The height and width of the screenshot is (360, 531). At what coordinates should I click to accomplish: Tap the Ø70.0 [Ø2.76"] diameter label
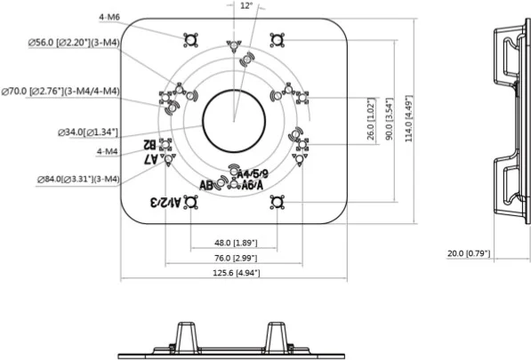[60, 91]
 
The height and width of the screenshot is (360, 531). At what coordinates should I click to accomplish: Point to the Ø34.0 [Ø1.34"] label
[88, 132]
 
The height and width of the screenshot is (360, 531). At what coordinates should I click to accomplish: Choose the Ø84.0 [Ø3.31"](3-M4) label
[78, 179]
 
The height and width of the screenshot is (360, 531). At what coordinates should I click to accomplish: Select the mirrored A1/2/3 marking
[165, 202]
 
